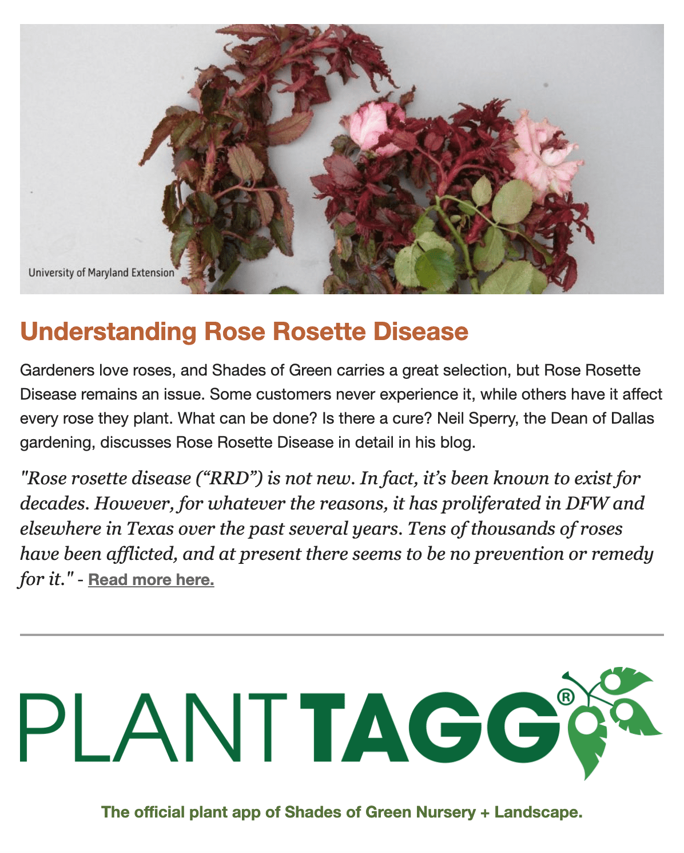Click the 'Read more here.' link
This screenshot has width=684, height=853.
click(x=151, y=579)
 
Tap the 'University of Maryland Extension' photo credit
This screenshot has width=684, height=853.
click(x=101, y=273)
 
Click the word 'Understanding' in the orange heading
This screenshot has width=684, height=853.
click(x=108, y=332)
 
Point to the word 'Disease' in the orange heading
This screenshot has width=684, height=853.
click(x=420, y=331)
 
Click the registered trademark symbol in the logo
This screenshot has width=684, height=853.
click(x=566, y=697)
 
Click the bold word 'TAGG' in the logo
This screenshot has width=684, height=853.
click(x=430, y=728)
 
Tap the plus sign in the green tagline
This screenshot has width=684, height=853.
click(x=485, y=812)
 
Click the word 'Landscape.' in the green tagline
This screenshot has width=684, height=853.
click(x=538, y=812)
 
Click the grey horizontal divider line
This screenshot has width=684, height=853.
click(x=342, y=634)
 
